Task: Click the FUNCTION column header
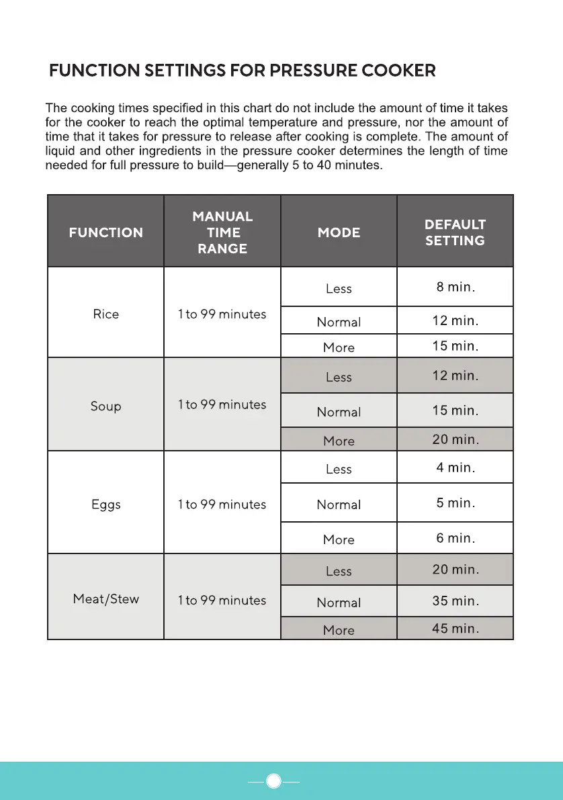105,232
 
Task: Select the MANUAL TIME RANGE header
222,232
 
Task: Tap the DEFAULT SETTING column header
455,232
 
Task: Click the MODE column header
339,232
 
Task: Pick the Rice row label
105,314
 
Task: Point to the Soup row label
105,406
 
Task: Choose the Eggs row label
105,504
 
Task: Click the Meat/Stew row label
105,598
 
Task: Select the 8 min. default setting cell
455,287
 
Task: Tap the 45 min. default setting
455,629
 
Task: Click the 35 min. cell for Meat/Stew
455,601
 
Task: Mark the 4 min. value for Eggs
455,468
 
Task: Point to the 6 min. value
455,538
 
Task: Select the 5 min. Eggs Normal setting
455,502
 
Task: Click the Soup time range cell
222,404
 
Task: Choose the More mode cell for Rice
339,347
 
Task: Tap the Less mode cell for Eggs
339,469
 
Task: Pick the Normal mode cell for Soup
339,412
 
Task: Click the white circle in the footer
273,781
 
